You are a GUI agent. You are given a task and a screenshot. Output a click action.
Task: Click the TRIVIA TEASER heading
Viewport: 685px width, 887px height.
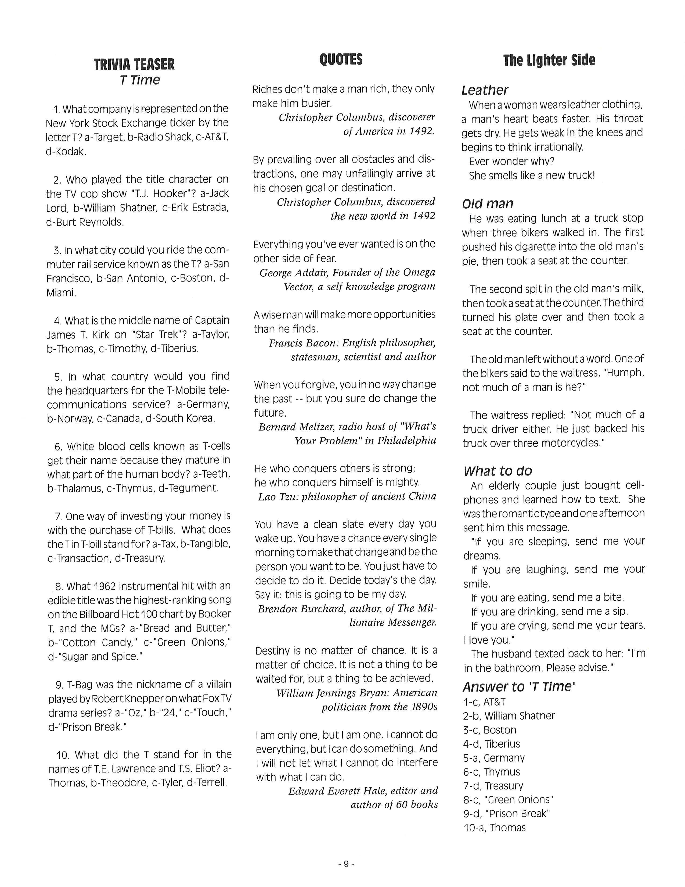[x=134, y=64]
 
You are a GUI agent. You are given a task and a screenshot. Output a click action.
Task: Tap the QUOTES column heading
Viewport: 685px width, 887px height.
[x=341, y=59]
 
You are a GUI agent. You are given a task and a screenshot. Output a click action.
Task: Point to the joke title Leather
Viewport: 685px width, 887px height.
[x=485, y=90]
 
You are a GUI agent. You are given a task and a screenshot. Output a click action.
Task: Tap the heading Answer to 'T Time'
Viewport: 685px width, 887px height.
[x=519, y=686]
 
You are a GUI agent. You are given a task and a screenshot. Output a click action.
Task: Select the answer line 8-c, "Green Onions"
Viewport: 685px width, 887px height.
[x=508, y=800]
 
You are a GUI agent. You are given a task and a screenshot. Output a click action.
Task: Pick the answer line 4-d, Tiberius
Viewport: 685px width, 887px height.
[x=491, y=744]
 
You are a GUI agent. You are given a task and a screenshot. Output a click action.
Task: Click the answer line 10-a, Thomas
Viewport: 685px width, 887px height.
[x=494, y=827]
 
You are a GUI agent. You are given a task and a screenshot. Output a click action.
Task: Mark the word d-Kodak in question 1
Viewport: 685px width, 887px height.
[x=66, y=152]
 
